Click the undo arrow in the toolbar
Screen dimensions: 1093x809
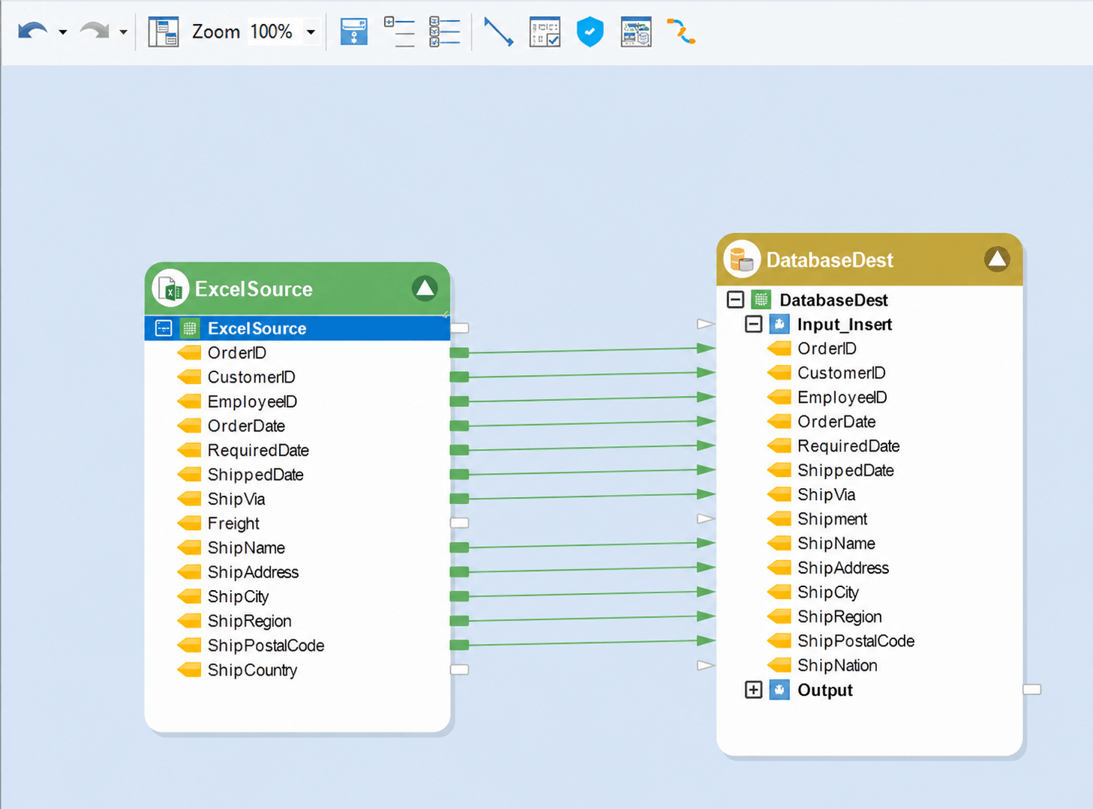[x=32, y=31]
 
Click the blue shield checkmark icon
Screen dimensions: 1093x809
[x=590, y=31]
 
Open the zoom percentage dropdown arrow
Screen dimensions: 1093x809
[x=311, y=32]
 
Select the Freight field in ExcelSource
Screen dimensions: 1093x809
[x=233, y=523]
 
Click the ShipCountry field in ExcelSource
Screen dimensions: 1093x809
[x=252, y=670]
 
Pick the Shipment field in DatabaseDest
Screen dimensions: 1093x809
[x=833, y=519]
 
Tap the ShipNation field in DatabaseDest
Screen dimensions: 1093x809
[x=837, y=666]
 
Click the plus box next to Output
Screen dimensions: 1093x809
[x=753, y=690]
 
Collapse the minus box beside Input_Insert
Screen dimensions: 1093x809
[x=753, y=324]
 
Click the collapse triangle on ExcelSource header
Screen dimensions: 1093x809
[x=425, y=289]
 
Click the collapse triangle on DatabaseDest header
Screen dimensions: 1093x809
[x=997, y=259]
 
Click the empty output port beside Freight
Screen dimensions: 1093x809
[x=459, y=523]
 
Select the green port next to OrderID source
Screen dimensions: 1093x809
[x=459, y=352]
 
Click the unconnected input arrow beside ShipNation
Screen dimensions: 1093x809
[x=706, y=666]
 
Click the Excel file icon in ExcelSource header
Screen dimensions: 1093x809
[x=170, y=289]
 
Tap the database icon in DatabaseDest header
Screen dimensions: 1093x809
[x=742, y=259]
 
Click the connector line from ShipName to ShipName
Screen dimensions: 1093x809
[x=582, y=545]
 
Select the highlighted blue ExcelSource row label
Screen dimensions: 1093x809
[x=257, y=328]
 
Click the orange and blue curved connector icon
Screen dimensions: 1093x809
[x=681, y=31]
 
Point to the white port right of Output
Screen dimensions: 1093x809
[x=1032, y=689]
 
